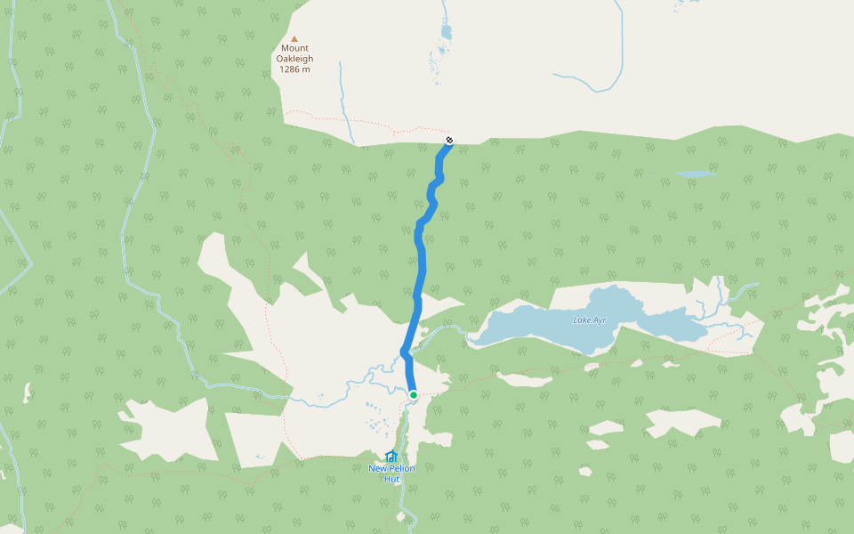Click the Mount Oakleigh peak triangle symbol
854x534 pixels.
294,38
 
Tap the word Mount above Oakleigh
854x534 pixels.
294,49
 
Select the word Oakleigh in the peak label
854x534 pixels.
294,59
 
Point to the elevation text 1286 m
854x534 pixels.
294,69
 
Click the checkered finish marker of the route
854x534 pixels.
450,140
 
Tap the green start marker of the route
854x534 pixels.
414,395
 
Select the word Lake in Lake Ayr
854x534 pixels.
582,320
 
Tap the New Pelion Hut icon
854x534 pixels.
391,457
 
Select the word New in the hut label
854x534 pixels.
378,468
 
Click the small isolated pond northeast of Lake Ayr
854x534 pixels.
696,174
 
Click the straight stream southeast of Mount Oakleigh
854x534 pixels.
345,102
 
